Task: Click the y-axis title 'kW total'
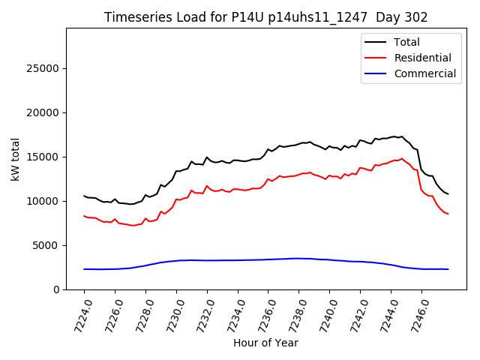coord(16,159)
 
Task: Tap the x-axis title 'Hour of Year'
coord(265,343)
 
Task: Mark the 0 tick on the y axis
coord(56,290)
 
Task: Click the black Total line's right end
coord(448,194)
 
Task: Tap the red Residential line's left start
coord(84,216)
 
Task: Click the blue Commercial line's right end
coord(448,269)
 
